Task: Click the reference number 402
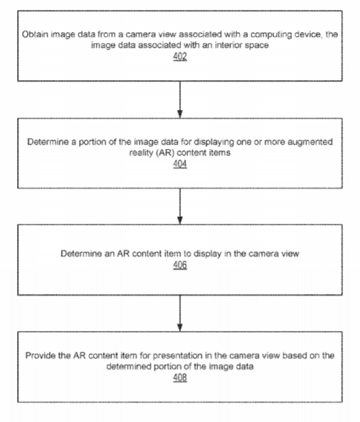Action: coord(180,56)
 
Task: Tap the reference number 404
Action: coord(180,164)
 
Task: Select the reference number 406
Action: coord(180,265)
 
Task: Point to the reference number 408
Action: coord(180,377)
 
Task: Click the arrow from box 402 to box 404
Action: coord(180,99)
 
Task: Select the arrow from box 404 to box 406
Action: coord(180,206)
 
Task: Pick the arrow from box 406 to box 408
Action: coord(180,313)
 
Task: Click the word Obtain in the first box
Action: coord(35,35)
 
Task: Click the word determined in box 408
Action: coord(129,367)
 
